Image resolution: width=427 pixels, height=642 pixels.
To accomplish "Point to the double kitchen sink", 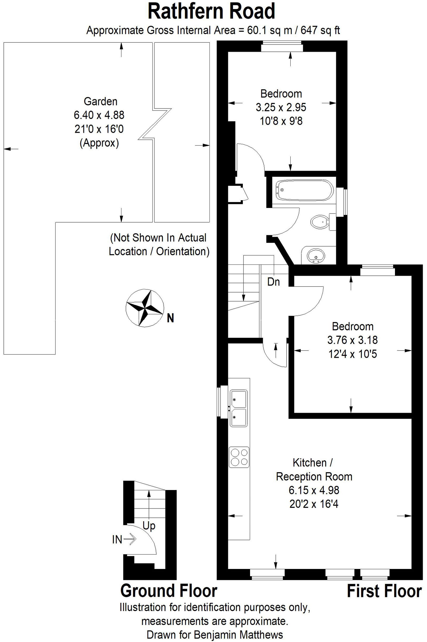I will (239, 408).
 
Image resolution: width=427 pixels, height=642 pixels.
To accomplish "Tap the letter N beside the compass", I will (171, 318).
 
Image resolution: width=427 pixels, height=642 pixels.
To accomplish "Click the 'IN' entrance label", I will (117, 540).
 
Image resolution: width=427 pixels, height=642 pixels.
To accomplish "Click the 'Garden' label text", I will (101, 102).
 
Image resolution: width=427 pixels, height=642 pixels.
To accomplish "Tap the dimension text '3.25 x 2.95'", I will (281, 107).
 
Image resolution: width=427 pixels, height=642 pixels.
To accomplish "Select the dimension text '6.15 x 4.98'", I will (314, 490).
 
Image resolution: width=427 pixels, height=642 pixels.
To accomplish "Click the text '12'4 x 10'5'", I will (352, 354).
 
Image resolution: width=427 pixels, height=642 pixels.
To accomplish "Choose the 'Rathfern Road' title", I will (211, 11).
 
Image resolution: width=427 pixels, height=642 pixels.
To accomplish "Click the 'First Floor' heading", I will (384, 591).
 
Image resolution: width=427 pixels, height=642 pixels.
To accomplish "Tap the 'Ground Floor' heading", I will (169, 591).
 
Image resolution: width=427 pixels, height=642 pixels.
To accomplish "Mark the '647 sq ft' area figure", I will (320, 30).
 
